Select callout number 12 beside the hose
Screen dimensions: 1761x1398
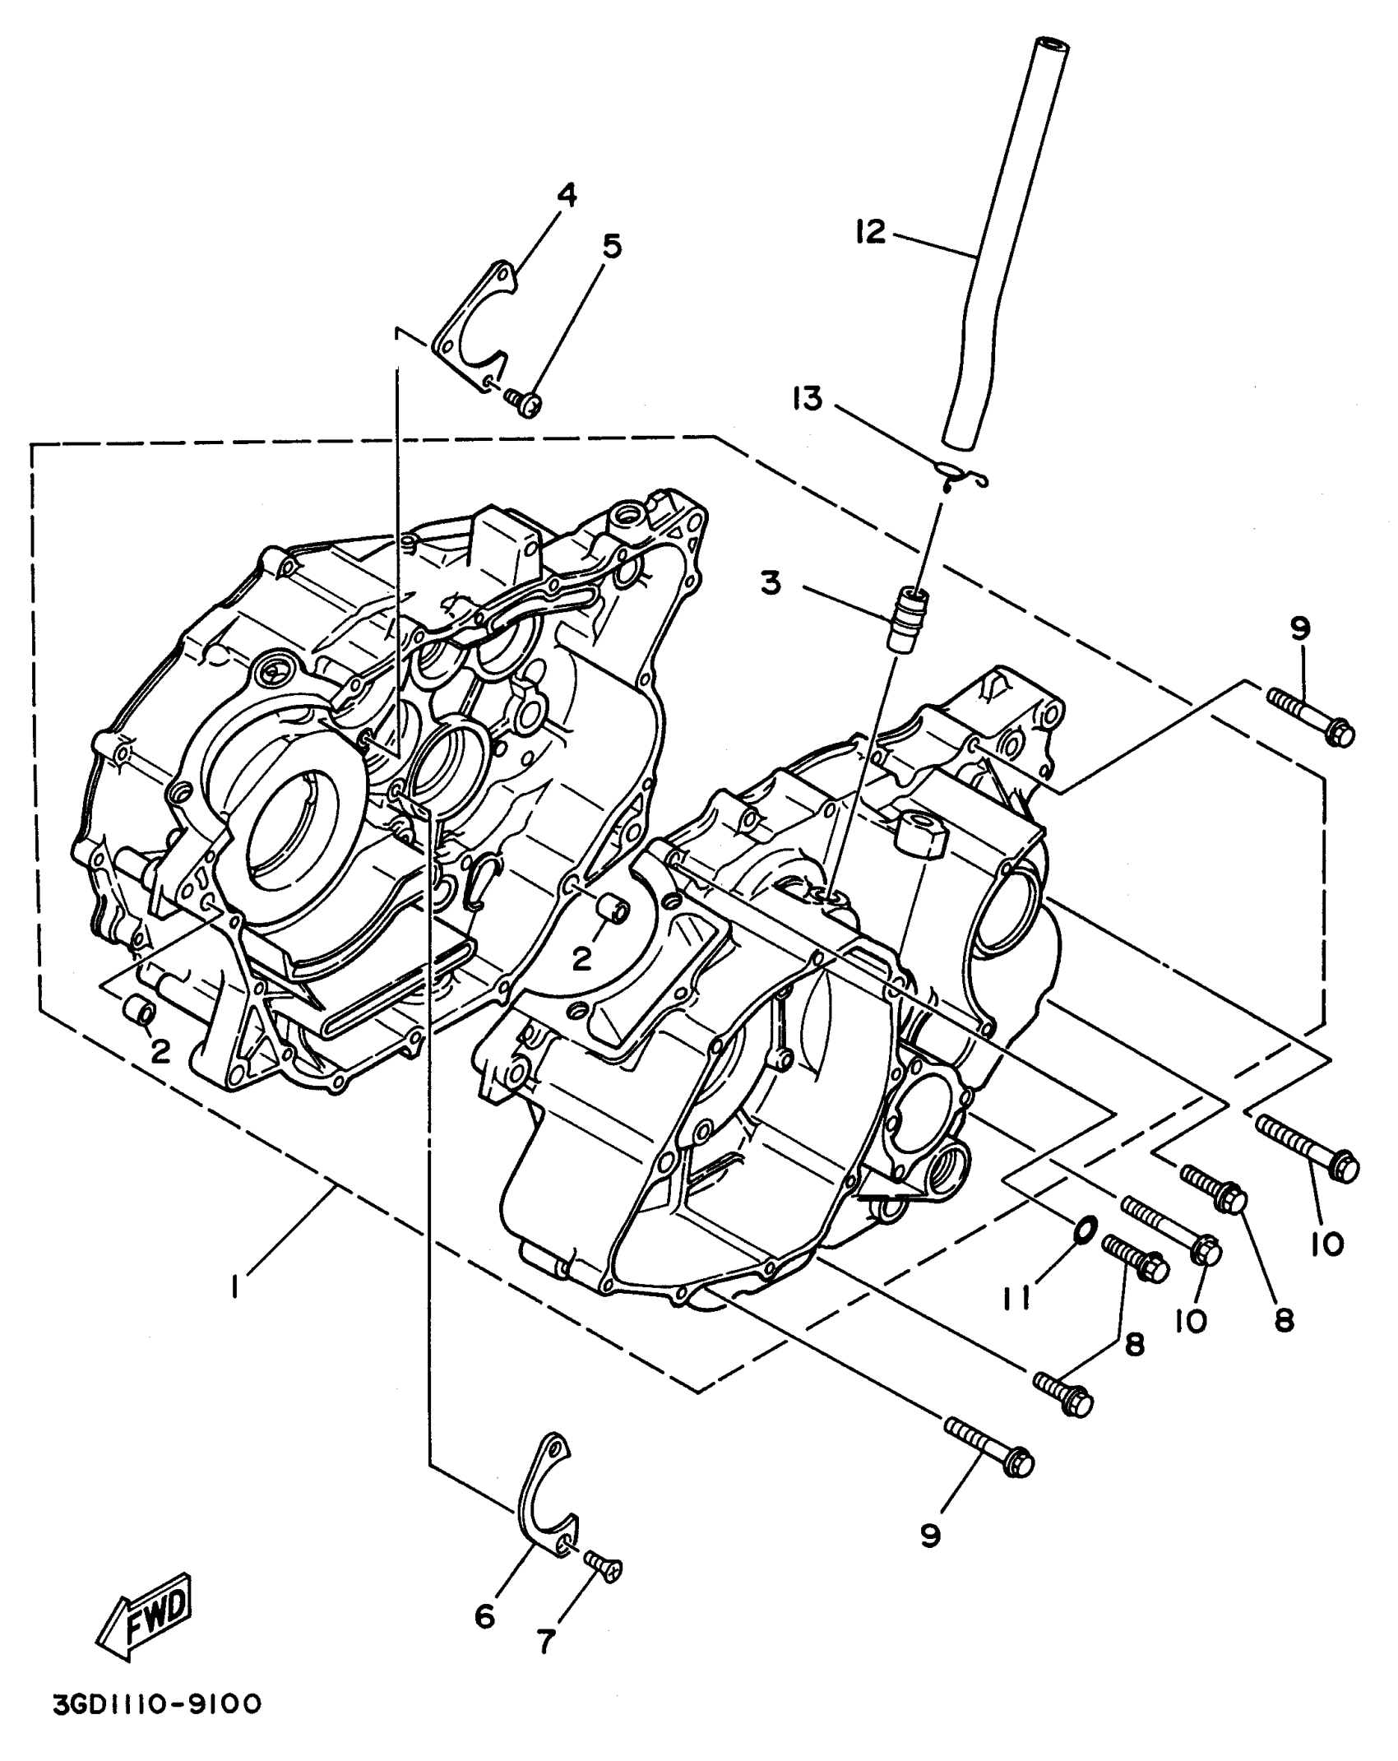[x=869, y=232]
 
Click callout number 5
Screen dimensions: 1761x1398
[x=611, y=245]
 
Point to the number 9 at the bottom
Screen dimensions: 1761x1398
[x=930, y=1536]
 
